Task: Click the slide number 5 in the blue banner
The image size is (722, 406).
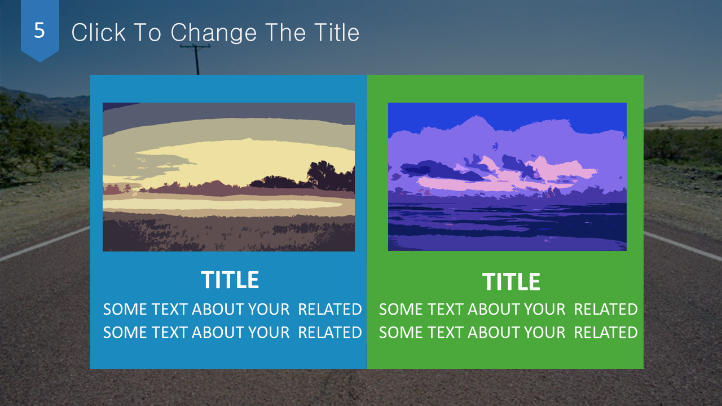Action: pyautogui.click(x=39, y=30)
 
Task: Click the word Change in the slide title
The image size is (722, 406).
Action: pyautogui.click(x=213, y=33)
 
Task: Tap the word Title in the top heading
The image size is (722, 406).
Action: pyautogui.click(x=337, y=32)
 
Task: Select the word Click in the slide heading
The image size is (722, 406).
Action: pyautogui.click(x=98, y=32)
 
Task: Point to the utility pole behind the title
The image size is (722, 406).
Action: pyautogui.click(x=196, y=60)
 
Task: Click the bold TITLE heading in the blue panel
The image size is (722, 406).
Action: pyautogui.click(x=230, y=280)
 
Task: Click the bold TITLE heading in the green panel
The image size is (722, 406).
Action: pyautogui.click(x=511, y=281)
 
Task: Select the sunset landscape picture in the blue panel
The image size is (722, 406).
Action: pyautogui.click(x=228, y=177)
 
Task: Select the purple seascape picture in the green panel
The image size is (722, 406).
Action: pyautogui.click(x=507, y=176)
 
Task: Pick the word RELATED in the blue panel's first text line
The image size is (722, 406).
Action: pyautogui.click(x=330, y=310)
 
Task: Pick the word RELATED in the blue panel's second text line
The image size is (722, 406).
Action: pyautogui.click(x=330, y=333)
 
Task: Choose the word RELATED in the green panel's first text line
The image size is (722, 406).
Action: pyautogui.click(x=606, y=310)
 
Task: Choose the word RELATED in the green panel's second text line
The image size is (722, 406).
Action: pyautogui.click(x=606, y=333)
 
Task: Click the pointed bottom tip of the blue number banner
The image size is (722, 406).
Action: pyautogui.click(x=40, y=62)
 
